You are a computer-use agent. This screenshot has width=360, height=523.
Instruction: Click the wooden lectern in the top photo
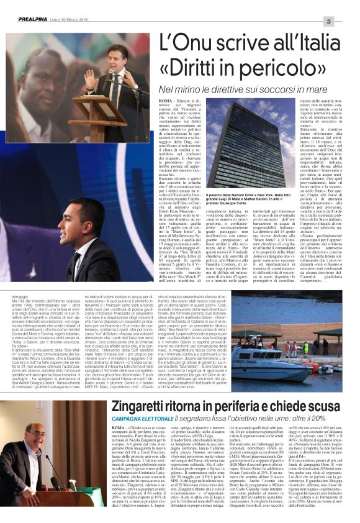[x=99, y=117]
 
